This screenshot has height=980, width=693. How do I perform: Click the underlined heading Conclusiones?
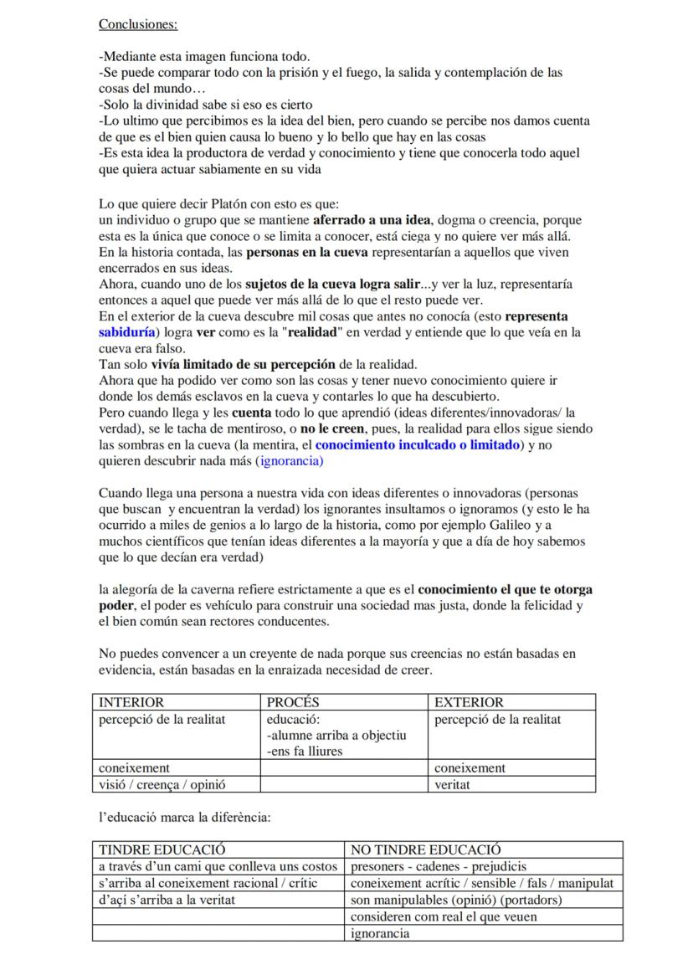(137, 24)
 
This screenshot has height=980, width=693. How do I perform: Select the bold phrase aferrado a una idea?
(372, 220)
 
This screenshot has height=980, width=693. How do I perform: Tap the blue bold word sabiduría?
(131, 332)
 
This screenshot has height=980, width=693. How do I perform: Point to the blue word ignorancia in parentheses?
(290, 461)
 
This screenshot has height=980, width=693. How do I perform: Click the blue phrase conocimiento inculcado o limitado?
(418, 445)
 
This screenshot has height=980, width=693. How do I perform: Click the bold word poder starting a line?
(116, 606)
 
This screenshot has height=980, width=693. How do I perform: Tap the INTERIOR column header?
(131, 702)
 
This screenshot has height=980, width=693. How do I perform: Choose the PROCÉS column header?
(293, 702)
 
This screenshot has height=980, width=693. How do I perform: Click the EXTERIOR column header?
(469, 702)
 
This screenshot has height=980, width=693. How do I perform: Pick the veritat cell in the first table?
(453, 785)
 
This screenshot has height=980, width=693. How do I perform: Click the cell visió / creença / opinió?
(162, 785)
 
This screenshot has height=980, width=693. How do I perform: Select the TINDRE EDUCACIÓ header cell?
(162, 850)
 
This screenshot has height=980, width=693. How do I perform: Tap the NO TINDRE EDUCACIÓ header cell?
(425, 850)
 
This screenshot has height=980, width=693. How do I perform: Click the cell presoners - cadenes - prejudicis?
(438, 867)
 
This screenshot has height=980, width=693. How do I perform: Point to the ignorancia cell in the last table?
(380, 934)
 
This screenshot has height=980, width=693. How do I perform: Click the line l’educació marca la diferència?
(185, 817)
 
